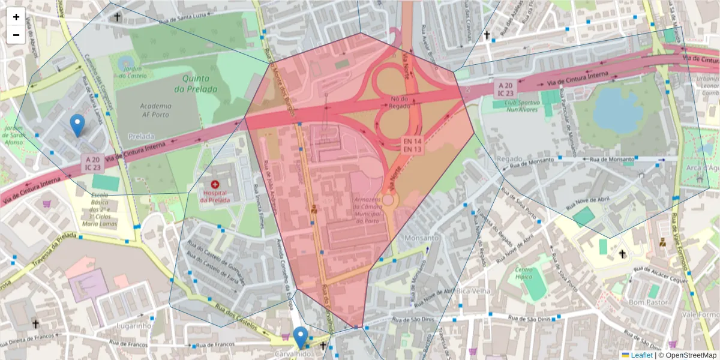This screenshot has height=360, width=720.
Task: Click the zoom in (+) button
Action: point(16,17)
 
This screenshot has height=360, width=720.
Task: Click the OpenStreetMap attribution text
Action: point(690,355)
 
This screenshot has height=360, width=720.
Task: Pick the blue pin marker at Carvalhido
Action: point(301,337)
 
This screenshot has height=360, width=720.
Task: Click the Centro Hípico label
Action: point(529,274)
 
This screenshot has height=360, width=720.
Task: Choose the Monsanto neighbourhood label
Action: point(422,238)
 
